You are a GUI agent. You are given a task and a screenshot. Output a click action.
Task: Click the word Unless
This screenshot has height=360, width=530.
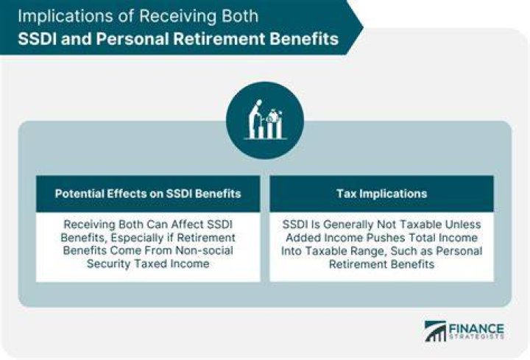pos(463,225)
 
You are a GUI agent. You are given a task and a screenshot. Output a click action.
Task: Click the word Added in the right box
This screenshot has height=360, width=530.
pos(303,238)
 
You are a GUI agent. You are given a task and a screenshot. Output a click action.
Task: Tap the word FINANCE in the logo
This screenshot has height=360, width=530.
pos(476,328)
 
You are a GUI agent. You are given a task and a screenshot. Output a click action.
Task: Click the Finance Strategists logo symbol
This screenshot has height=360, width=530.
pos(435,331)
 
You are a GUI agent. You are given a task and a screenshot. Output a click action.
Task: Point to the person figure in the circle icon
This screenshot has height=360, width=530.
pos(255,119)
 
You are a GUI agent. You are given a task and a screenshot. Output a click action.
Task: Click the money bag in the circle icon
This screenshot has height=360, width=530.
pos(272,116)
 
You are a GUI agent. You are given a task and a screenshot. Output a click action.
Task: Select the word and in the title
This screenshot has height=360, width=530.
pos(77,38)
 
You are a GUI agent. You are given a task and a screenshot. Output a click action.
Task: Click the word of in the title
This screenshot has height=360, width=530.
pos(127,16)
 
